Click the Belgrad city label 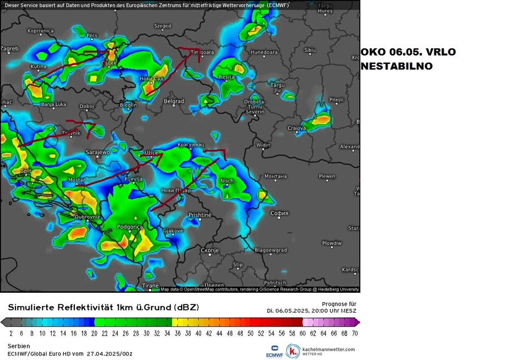pos(174,101)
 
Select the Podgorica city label pos(130,227)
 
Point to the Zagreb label pos(9,48)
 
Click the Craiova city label pos(297,128)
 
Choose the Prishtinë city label pos(200,215)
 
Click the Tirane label pos(150,286)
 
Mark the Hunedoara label pos(264,52)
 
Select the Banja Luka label pos(54,104)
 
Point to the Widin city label pos(264,146)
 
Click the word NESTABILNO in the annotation pos(396,66)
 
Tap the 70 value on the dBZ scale pos(354,333)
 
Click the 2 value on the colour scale pos(11,333)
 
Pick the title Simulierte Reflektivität pos(103,307)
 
